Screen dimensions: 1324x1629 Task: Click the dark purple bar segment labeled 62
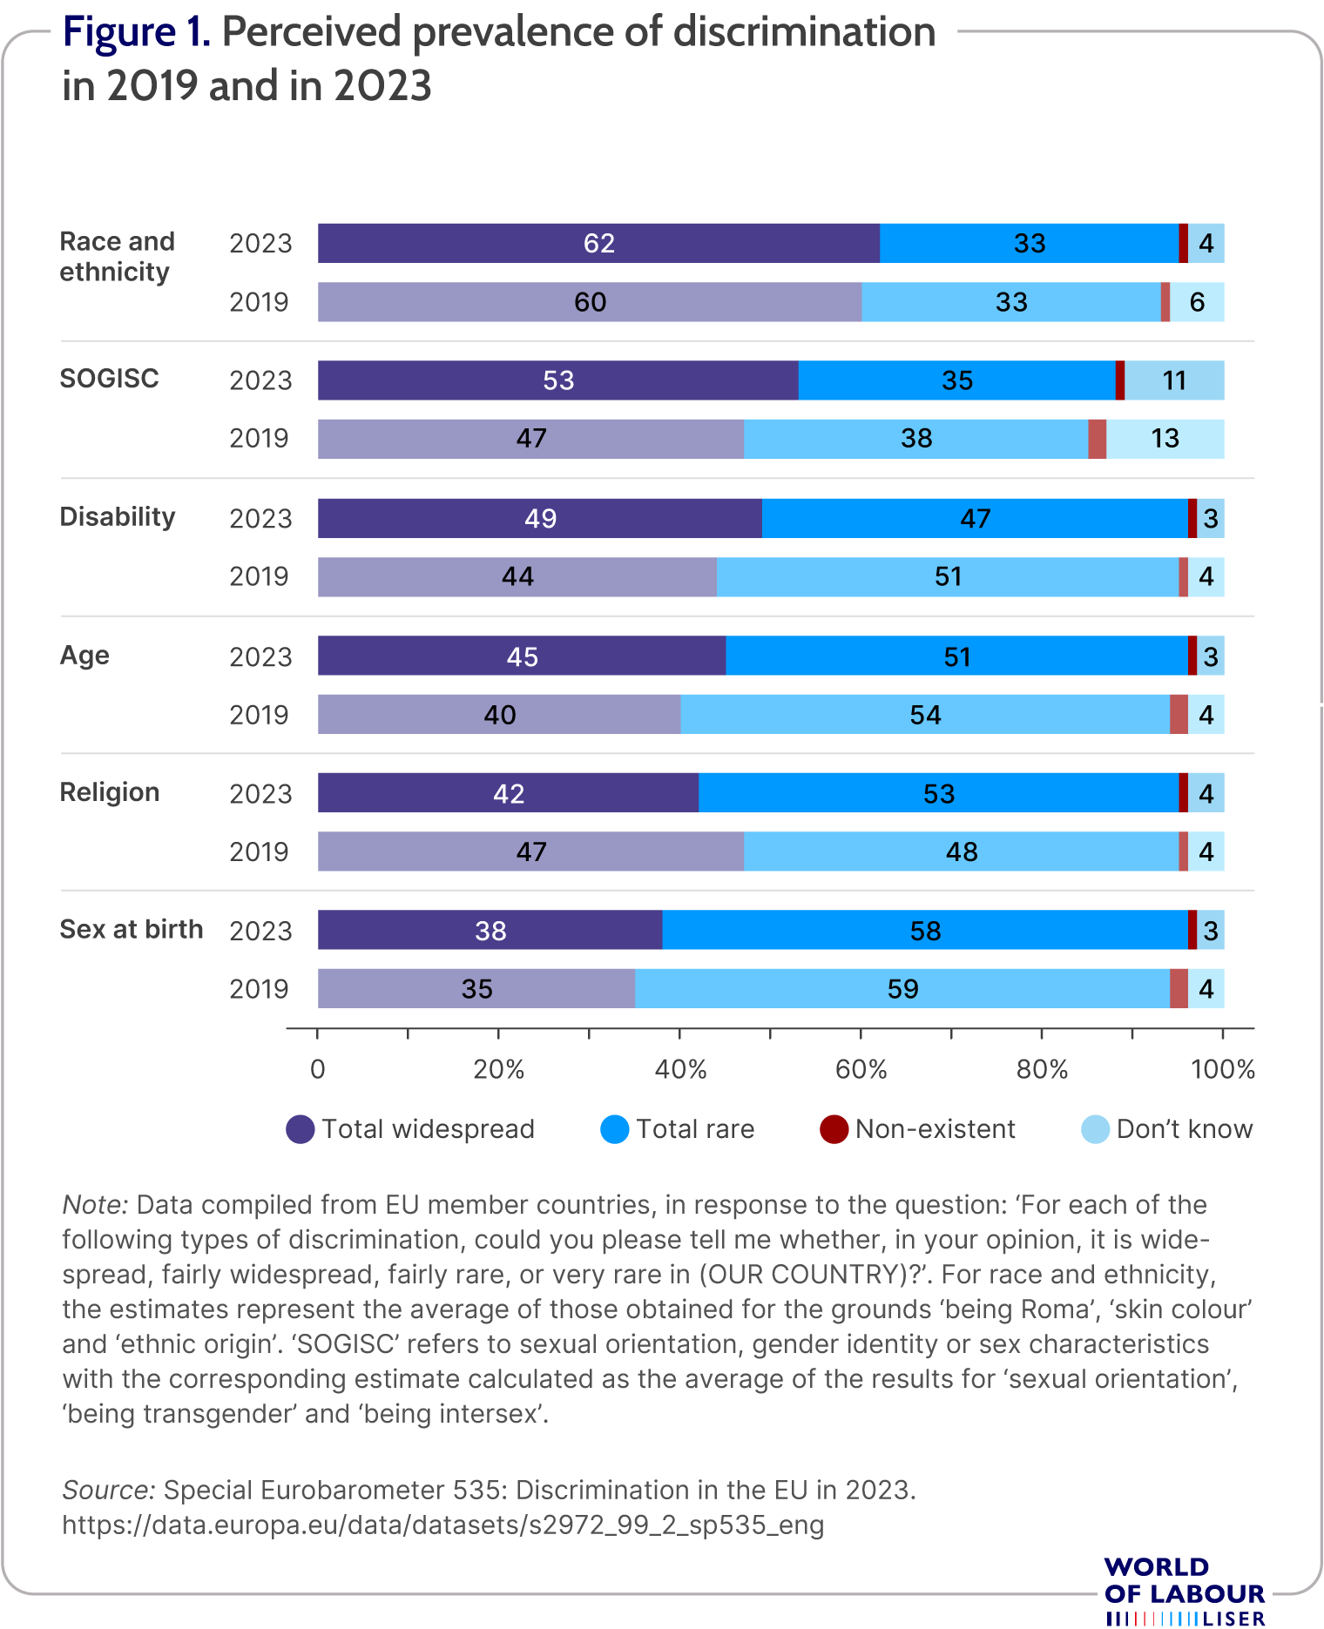coord(598,243)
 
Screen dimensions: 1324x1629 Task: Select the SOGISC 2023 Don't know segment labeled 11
coord(1174,380)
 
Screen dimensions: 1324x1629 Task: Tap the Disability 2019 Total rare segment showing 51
coord(948,576)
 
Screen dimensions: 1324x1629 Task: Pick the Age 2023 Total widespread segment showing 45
coord(522,656)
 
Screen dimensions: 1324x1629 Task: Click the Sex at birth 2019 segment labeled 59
coord(902,988)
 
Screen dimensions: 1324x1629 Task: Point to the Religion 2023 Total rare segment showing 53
coord(939,793)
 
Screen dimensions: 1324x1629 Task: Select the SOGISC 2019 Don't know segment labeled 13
coord(1165,439)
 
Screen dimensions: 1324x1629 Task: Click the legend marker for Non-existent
coord(834,1129)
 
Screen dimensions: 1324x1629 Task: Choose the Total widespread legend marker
coord(301,1129)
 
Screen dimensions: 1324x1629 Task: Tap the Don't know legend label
coord(1185,1129)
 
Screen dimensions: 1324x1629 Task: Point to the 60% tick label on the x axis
coord(861,1069)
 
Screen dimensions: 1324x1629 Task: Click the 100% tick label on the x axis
coord(1223,1069)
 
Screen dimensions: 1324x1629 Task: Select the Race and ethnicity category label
coord(118,256)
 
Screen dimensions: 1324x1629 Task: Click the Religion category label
coord(110,792)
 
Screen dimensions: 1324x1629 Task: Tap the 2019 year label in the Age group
coord(259,715)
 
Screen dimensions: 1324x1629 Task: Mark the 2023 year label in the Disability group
coord(260,518)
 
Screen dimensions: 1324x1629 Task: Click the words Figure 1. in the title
coord(137,33)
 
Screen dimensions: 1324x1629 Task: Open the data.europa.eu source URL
coord(443,1525)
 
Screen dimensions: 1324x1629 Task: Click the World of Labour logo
coord(1185,1592)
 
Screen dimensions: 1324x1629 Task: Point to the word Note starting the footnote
coord(95,1205)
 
